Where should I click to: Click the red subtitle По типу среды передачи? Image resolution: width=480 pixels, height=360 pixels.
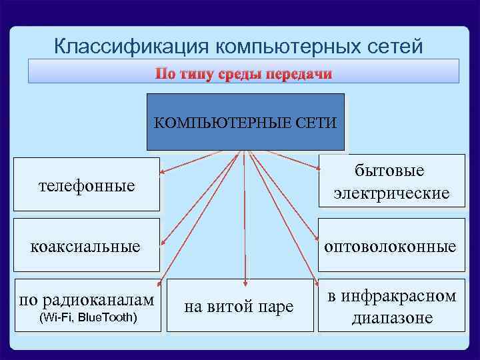click(x=243, y=73)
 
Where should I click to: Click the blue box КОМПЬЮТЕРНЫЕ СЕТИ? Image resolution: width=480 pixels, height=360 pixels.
click(x=245, y=122)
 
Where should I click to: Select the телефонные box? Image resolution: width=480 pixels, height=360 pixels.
click(x=87, y=185)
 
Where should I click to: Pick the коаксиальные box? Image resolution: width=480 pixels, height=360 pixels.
click(x=87, y=247)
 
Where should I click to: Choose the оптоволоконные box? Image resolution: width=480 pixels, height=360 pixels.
click(x=391, y=247)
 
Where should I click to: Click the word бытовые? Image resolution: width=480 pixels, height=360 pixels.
click(x=391, y=171)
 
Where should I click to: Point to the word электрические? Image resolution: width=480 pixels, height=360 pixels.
click(x=391, y=193)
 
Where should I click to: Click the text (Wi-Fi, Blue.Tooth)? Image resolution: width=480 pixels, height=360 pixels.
click(x=89, y=316)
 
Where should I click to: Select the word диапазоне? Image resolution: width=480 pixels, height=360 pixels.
click(x=391, y=318)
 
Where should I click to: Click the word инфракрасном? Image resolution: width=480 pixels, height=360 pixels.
click(x=391, y=295)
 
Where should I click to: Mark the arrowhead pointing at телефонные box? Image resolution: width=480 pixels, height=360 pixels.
click(x=162, y=173)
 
